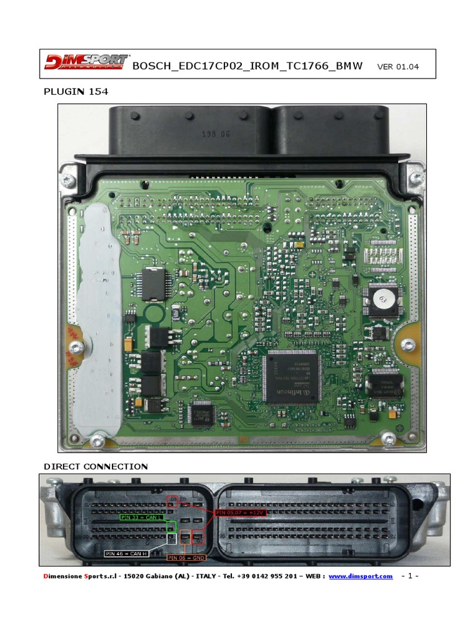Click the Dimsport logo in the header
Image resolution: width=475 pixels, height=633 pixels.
coord(86,63)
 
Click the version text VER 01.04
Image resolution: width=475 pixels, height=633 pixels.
coord(398,67)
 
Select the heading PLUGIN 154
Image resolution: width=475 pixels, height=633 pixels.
coord(75,92)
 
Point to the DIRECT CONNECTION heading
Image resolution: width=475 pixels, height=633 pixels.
coord(95,466)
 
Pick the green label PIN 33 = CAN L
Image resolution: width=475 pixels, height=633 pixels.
coord(142,518)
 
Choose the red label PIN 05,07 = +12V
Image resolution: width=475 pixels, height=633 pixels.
coord(241,512)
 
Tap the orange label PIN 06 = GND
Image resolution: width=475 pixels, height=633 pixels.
coord(187,558)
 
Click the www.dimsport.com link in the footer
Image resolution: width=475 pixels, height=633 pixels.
coord(361,576)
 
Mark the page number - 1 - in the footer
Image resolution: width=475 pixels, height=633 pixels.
coord(410,576)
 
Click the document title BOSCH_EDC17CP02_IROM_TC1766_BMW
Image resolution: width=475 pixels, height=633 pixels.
coord(248,66)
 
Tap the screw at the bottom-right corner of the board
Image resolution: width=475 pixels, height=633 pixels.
coord(388,440)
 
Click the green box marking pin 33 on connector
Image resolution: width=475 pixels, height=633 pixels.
coord(172,526)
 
